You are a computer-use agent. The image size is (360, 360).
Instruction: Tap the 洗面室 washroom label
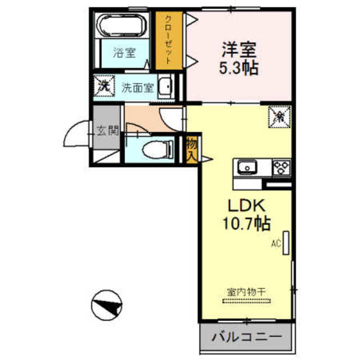(x=137, y=88)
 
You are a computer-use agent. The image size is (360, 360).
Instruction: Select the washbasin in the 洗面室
(x=166, y=87)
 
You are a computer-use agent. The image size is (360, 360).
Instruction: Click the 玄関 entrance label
(x=107, y=132)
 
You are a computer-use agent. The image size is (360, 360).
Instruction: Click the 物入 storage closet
(x=191, y=150)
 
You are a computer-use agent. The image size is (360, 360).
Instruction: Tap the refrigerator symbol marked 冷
(x=279, y=116)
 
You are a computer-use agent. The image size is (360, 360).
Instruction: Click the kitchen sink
(x=248, y=167)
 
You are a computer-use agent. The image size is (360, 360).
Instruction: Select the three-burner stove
(x=281, y=167)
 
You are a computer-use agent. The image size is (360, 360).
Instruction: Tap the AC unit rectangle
(x=285, y=242)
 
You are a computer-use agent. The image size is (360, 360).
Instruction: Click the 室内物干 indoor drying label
(x=246, y=292)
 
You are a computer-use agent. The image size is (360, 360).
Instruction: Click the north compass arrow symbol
(x=106, y=306)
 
